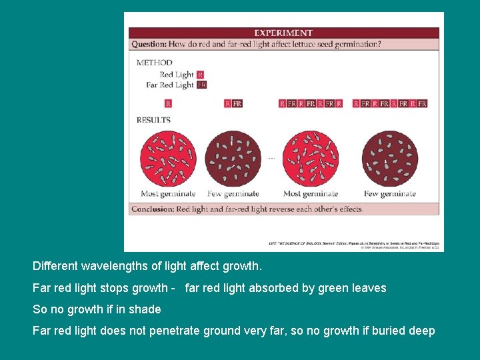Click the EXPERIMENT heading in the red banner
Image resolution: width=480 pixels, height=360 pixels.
tap(283, 33)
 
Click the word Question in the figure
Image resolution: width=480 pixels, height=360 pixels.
tap(149, 45)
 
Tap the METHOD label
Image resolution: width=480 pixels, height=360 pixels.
tap(154, 63)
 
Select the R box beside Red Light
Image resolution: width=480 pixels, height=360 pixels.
tap(201, 75)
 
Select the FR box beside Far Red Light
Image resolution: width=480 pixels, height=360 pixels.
tap(201, 85)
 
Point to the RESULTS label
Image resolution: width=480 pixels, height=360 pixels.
tap(153, 120)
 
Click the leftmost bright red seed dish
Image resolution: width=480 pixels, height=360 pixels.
tap(167, 158)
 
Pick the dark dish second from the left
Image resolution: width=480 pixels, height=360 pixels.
tap(233, 158)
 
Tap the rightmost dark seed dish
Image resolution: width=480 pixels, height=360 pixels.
tap(389, 158)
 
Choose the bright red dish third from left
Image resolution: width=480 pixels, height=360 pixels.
tap(310, 158)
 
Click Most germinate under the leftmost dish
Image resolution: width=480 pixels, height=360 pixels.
tap(168, 194)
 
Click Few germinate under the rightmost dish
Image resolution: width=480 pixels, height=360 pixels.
tap(389, 194)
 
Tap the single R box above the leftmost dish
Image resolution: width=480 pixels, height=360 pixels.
tap(168, 103)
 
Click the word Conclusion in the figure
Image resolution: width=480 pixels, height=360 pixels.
tap(153, 209)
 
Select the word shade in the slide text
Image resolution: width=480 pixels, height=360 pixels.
tap(146, 309)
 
